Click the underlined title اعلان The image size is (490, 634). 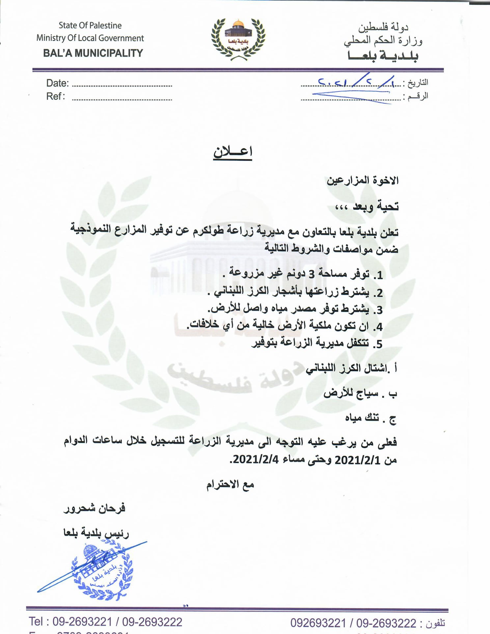point(232,152)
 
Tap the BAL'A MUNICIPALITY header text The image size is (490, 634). point(93,53)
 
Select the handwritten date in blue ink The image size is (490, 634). point(356,82)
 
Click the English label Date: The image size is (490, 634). point(57,83)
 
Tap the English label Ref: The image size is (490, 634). point(55,96)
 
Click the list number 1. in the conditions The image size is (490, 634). point(378,275)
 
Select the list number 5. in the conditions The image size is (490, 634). point(378,344)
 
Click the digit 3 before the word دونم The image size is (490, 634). point(311,274)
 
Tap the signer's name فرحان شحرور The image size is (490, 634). point(95,509)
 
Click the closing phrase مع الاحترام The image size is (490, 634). point(230,484)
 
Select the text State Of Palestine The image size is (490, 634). point(90,25)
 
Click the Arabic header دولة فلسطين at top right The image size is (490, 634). point(383,27)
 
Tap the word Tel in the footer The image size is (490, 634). point(36,621)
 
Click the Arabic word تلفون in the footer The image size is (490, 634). point(435,623)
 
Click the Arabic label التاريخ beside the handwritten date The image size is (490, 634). point(418,83)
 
